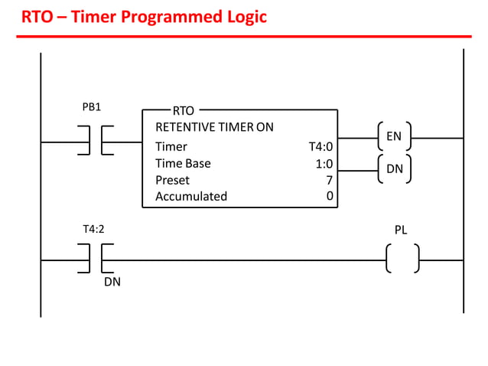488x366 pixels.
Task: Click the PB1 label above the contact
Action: tap(91, 107)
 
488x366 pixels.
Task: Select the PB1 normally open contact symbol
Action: tap(96, 141)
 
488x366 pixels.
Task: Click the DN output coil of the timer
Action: tap(394, 168)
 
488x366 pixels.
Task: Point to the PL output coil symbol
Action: tap(402, 259)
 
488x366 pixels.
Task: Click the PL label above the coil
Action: tap(401, 229)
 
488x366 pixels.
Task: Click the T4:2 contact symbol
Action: tap(96, 259)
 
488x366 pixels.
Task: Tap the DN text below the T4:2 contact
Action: tap(112, 282)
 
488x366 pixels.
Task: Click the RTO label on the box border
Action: tap(184, 111)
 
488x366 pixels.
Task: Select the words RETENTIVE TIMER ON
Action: tap(214, 127)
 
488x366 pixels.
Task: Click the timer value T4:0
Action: tap(320, 146)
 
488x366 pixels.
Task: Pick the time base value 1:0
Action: tap(324, 163)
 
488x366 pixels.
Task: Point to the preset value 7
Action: tap(330, 180)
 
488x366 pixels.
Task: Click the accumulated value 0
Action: tap(330, 196)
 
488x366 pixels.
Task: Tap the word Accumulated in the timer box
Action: tap(191, 196)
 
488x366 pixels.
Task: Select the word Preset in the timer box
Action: tap(172, 180)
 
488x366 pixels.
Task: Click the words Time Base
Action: tap(183, 163)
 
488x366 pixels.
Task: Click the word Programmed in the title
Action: tap(183, 15)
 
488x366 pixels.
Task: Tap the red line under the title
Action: tap(244, 35)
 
